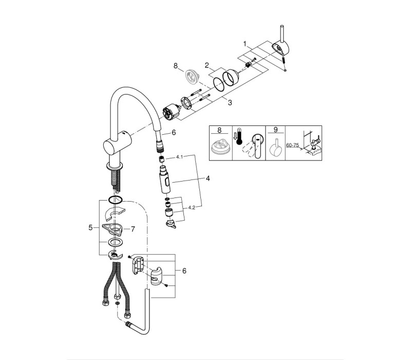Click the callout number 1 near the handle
[245, 44]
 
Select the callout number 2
[207, 65]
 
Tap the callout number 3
[230, 102]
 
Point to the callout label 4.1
[179, 157]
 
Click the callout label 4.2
[192, 208]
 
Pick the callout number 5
[91, 227]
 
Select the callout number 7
[133, 229]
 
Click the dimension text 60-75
[292, 145]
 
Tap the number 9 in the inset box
[275, 130]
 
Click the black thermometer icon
[239, 137]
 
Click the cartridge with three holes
[171, 112]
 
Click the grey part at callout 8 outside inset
[193, 77]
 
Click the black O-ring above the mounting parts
[115, 200]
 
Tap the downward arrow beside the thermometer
[235, 136]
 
